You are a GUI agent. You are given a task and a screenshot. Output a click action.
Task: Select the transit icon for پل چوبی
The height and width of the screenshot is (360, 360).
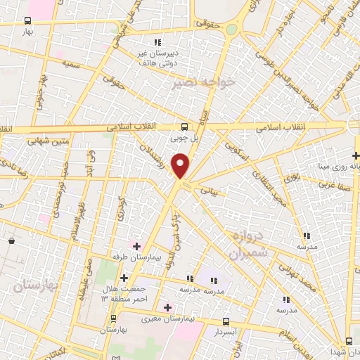click(184, 127)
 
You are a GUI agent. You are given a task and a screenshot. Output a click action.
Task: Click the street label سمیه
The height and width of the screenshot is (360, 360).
click(70, 65)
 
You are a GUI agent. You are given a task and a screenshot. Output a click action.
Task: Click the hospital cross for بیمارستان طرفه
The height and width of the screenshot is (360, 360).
click(137, 246)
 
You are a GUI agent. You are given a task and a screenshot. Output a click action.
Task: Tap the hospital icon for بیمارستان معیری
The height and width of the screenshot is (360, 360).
click(167, 307)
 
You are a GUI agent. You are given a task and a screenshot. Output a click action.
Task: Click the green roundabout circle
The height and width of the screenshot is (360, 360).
click(233, 27)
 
